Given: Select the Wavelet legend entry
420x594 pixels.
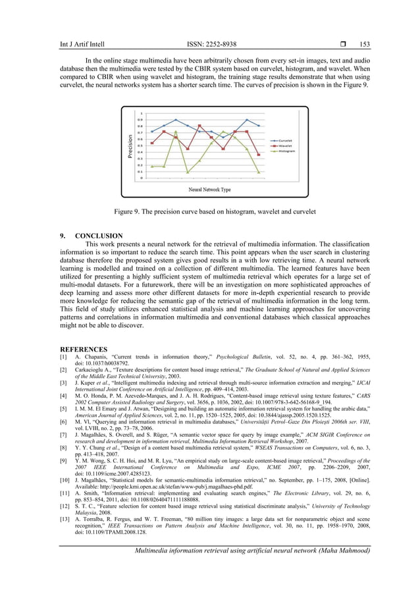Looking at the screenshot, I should click(x=283, y=146).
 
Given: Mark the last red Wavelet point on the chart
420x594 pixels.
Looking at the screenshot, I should click(x=259, y=155).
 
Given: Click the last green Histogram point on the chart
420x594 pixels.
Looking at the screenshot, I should click(x=259, y=172).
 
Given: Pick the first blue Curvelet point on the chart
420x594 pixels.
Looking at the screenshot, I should click(x=152, y=132).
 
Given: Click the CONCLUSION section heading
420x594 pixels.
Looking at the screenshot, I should click(x=99, y=235).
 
